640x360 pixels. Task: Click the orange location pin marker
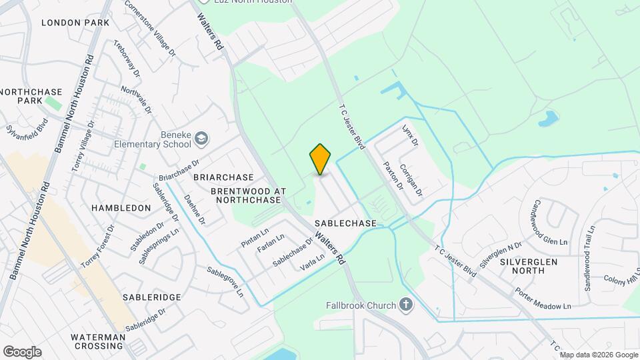321,159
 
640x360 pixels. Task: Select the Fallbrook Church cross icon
406,306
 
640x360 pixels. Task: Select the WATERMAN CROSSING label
100,341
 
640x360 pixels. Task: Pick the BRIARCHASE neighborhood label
223,177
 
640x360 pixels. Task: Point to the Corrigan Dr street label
411,180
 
